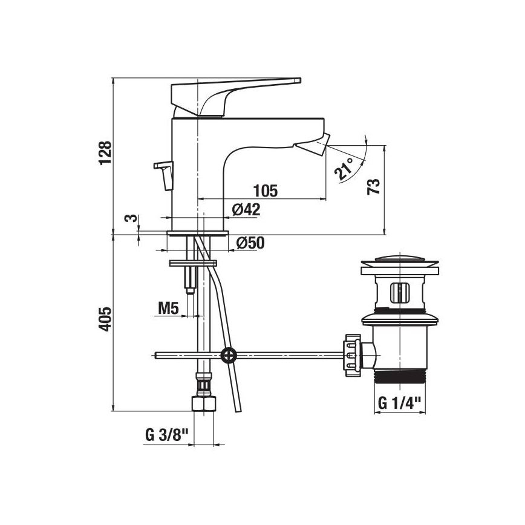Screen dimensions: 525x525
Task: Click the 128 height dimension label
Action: pyautogui.click(x=105, y=154)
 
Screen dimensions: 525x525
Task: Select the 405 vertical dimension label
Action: pyautogui.click(x=105, y=319)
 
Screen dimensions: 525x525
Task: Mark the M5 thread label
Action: pyautogui.click(x=168, y=308)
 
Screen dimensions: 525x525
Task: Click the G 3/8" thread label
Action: pyautogui.click(x=167, y=435)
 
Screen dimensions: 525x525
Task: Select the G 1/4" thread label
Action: pyautogui.click(x=400, y=403)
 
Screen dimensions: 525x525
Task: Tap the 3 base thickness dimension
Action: pyautogui.click(x=128, y=218)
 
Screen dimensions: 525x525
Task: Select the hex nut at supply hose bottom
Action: pyautogui.click(x=203, y=404)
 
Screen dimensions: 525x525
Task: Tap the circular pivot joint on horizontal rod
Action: pyautogui.click(x=228, y=355)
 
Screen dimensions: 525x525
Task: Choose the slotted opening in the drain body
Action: pyautogui.click(x=398, y=292)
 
